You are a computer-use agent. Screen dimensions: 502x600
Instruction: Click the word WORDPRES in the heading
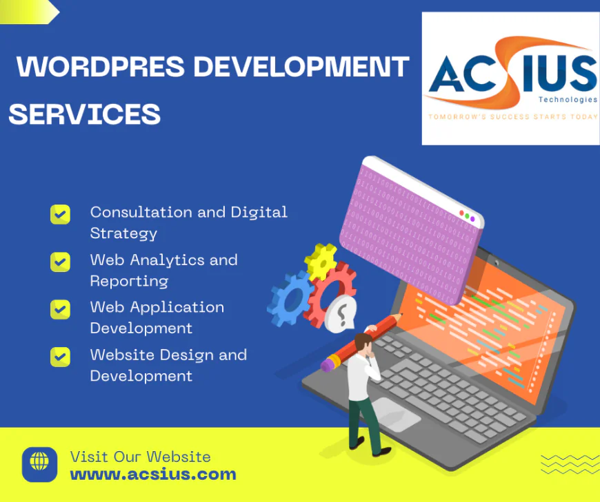click(101, 67)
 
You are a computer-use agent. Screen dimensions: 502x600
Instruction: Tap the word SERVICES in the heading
click(84, 114)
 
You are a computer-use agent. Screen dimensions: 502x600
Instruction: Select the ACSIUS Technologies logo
click(510, 76)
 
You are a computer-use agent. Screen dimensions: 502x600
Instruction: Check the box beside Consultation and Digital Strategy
click(61, 214)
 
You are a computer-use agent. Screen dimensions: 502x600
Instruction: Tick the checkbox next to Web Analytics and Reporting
click(61, 262)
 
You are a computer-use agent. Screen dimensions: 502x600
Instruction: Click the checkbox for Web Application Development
click(61, 309)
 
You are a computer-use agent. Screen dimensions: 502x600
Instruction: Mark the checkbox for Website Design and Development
click(61, 357)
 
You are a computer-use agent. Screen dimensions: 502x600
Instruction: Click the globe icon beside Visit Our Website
click(40, 464)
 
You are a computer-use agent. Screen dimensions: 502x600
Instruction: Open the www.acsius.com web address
click(153, 474)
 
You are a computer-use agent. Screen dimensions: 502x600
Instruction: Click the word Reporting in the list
click(119, 281)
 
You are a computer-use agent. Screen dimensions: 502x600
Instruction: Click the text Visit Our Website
click(141, 457)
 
